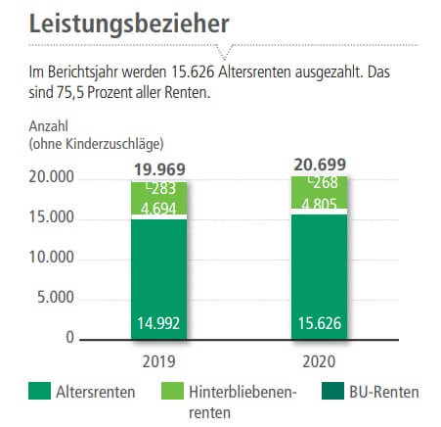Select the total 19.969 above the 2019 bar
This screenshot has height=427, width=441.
point(159,168)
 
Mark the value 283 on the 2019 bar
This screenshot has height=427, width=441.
point(162,189)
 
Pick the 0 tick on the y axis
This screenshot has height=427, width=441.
point(69,338)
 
